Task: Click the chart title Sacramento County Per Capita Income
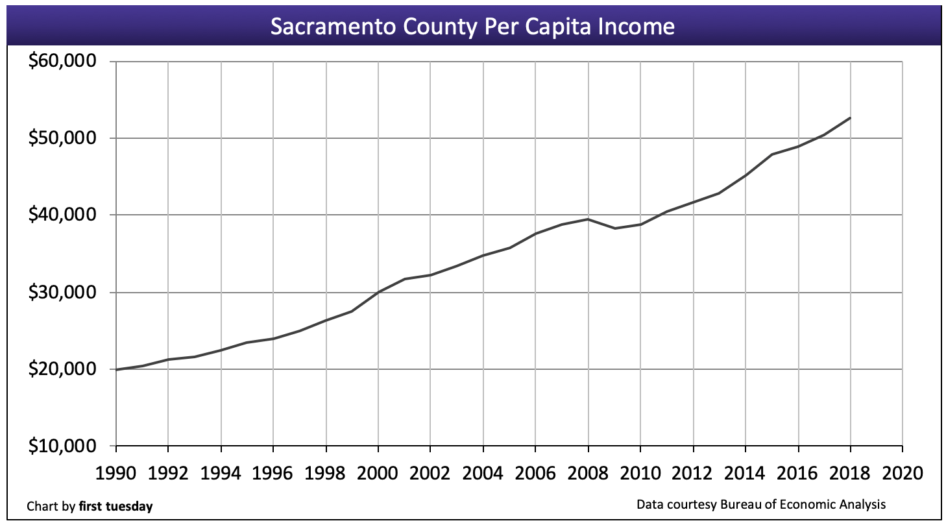[x=472, y=27]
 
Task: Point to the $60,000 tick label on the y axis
[x=62, y=62]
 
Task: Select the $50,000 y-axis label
[x=62, y=138]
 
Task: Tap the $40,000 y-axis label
[x=62, y=215]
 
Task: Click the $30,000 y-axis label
[x=62, y=292]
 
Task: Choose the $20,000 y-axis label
[x=62, y=369]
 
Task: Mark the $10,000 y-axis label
[x=62, y=446]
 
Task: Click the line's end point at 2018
[x=850, y=118]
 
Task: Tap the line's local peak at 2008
[x=588, y=219]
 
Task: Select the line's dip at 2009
[x=614, y=228]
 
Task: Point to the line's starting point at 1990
[x=116, y=369]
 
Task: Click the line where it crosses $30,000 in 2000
[x=378, y=292]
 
